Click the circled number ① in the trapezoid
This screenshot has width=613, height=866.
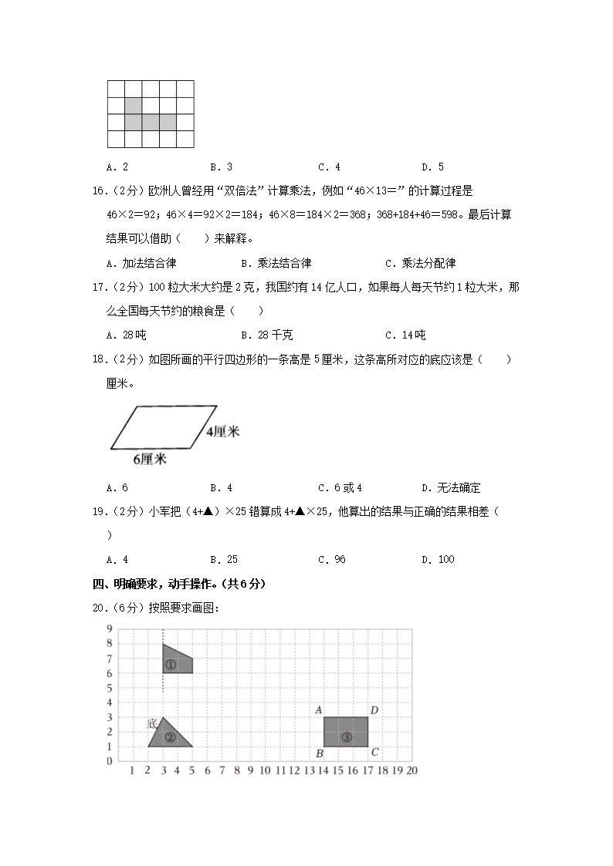[x=170, y=665]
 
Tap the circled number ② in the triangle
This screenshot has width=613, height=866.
[x=170, y=737]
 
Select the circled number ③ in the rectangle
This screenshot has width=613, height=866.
[x=346, y=737]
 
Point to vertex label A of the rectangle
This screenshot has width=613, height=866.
[x=319, y=710]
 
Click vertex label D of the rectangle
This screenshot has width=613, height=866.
[x=374, y=710]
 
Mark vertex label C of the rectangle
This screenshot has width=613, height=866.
[x=374, y=753]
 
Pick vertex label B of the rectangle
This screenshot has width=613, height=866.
[x=319, y=753]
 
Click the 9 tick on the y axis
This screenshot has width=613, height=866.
[x=110, y=629]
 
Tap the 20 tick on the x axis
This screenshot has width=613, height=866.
[x=411, y=770]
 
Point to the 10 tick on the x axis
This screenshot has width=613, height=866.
[x=265, y=770]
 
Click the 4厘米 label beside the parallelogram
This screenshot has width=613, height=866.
[x=223, y=432]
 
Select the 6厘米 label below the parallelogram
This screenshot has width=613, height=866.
[x=150, y=460]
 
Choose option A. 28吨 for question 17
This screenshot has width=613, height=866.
[x=127, y=335]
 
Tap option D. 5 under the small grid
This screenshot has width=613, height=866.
[x=432, y=167]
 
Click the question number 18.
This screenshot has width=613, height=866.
[x=98, y=359]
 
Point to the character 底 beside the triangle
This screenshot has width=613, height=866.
[x=152, y=723]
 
